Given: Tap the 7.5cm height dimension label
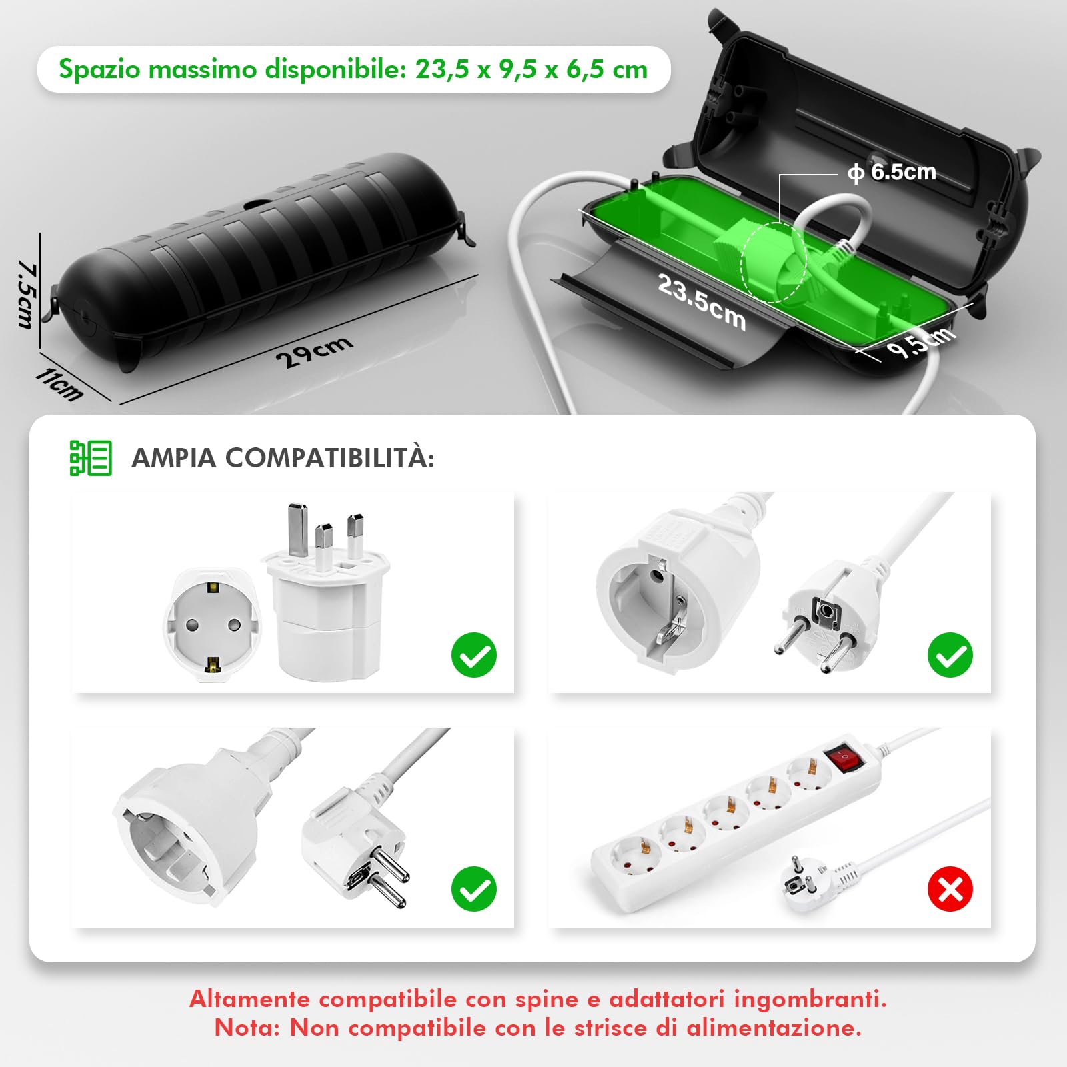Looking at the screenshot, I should coord(27,294).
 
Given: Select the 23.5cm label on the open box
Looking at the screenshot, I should coord(701,302).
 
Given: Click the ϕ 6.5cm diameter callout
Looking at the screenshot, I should coord(892,172).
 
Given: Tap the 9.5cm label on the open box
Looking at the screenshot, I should coord(920,342).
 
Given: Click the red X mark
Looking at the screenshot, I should coord(950,889).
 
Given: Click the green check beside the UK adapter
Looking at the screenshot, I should coord(474,655).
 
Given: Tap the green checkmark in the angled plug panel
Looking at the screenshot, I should coord(474,889).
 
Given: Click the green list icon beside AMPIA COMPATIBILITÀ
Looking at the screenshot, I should coord(91,458).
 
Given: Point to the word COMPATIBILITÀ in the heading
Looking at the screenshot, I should coord(329,458).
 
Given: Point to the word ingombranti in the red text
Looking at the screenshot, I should coord(810,998).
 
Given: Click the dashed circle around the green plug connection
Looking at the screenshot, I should coord(774,263).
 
